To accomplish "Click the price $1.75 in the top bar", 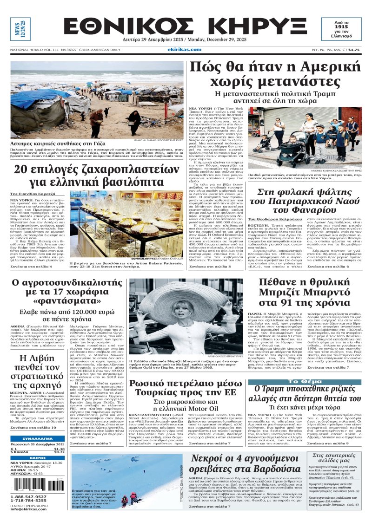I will (354, 50).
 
